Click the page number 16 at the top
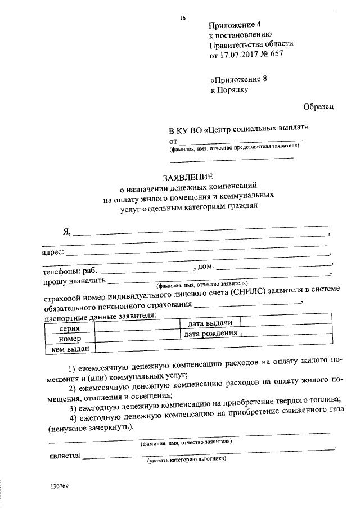coord(183,18)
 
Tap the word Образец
coord(318,106)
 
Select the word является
coord(61,455)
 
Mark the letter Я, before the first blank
coord(67,233)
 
